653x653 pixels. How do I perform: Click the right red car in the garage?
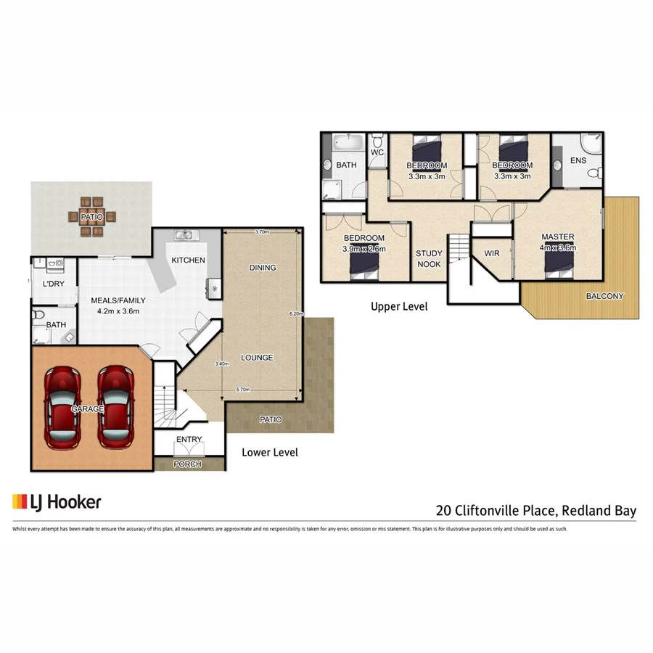tap(115, 407)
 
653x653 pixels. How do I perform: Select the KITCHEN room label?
tap(187, 260)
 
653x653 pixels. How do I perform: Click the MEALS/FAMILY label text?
tap(118, 300)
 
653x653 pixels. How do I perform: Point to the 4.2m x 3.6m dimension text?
tap(118, 311)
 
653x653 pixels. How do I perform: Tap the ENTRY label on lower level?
tap(189, 439)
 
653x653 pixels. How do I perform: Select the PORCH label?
tap(187, 464)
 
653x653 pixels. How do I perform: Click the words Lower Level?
tap(270, 452)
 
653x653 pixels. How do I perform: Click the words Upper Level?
tap(399, 306)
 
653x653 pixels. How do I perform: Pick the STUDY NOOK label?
tap(428, 259)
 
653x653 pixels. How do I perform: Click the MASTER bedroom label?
tap(557, 237)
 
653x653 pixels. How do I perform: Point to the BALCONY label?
tap(604, 296)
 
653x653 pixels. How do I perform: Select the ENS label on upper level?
tap(578, 160)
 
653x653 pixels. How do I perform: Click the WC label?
tap(377, 153)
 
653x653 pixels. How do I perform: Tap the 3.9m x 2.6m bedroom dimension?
tap(364, 249)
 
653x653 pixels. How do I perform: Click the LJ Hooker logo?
tap(57, 501)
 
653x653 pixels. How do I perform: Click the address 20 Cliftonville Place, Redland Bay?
tap(535, 511)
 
